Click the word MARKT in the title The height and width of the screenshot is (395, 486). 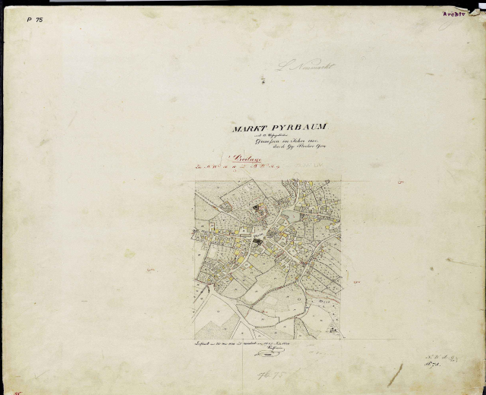pyautogui.click(x=250, y=129)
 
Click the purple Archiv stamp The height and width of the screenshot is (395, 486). pyautogui.click(x=454, y=14)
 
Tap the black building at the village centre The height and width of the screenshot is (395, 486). pyautogui.click(x=257, y=242)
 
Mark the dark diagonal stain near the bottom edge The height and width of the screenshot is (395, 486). pyautogui.click(x=394, y=374)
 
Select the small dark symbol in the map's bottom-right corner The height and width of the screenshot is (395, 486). pyautogui.click(x=338, y=333)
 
